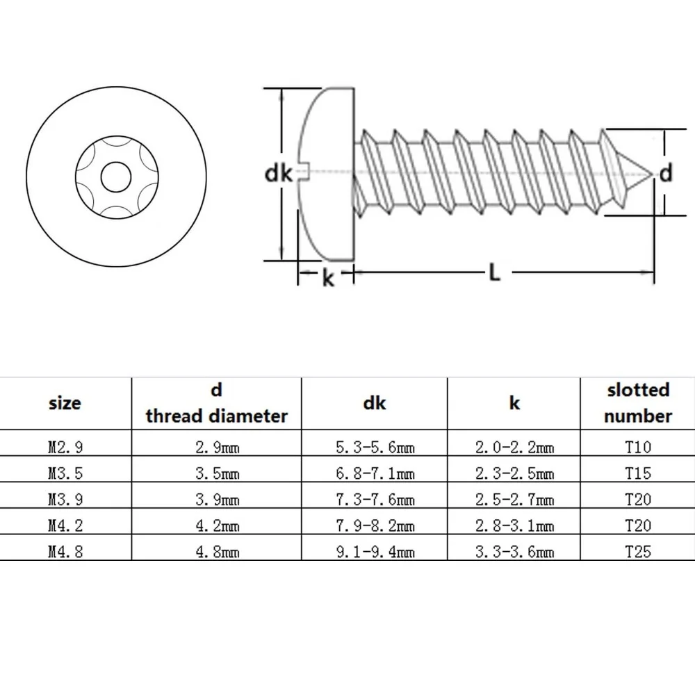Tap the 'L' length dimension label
[x=493, y=274]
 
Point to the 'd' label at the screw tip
[x=667, y=173]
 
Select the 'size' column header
[x=65, y=402]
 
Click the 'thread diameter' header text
[x=216, y=416]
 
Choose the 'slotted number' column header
[x=637, y=402]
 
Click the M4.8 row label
[x=65, y=553]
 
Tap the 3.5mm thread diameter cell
[x=216, y=474]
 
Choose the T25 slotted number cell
[x=637, y=553]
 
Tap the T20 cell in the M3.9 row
[x=637, y=500]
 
